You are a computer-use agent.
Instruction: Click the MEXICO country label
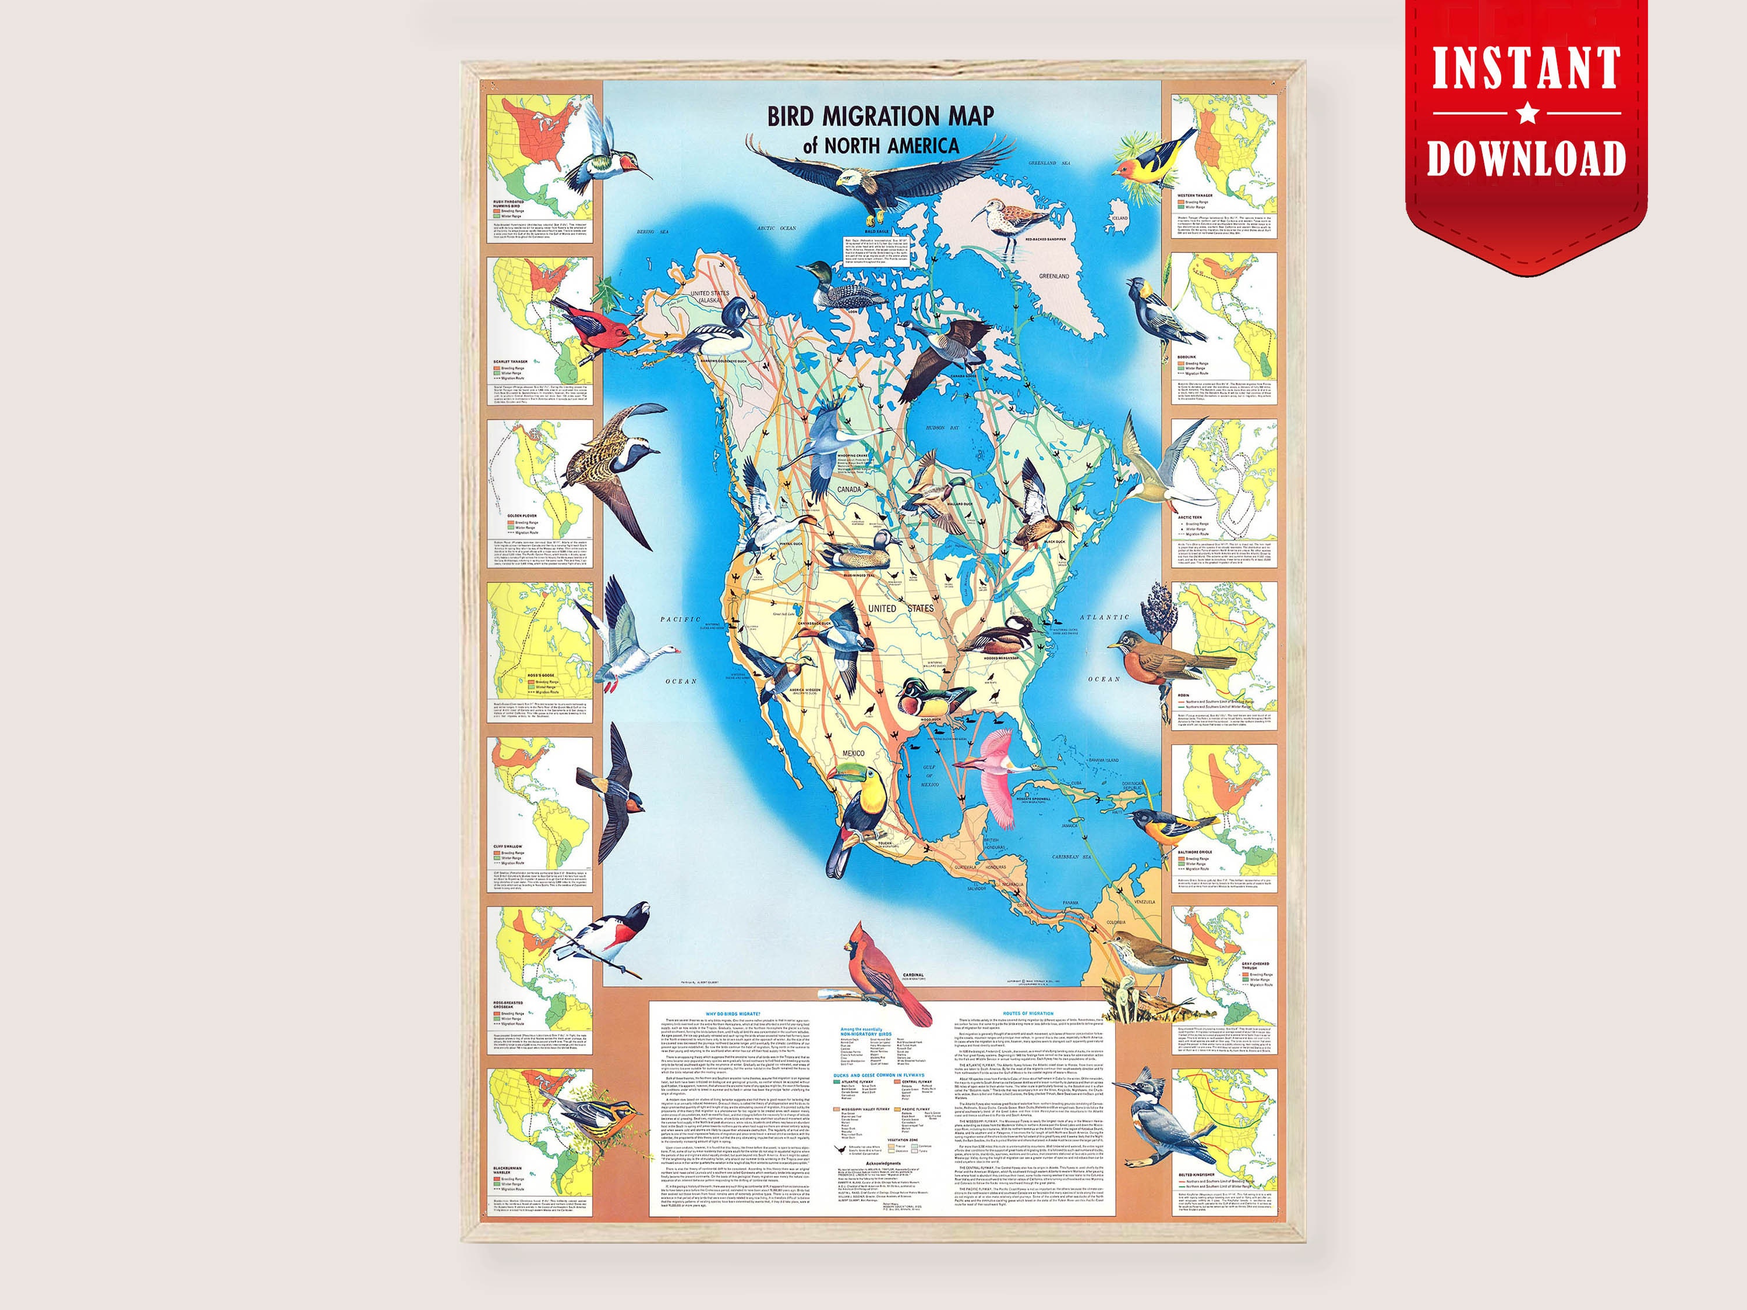click(853, 753)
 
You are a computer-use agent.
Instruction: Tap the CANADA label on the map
click(849, 490)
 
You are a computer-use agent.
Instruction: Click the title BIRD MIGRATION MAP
click(880, 117)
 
